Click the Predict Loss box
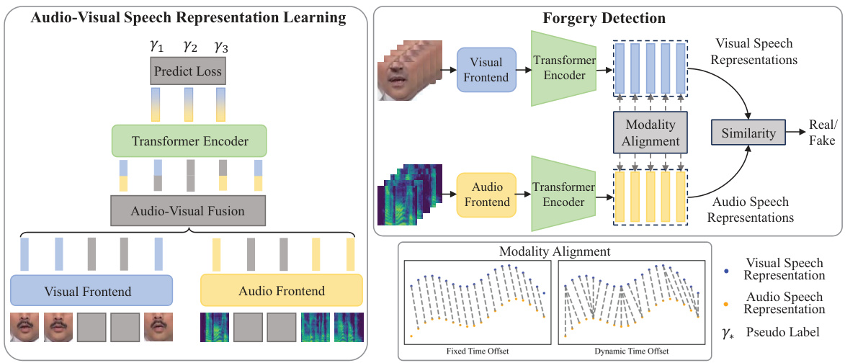[x=187, y=72]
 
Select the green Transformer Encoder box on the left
[x=189, y=141]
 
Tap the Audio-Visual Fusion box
[x=187, y=211]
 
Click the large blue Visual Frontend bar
[x=91, y=291]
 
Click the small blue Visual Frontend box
[x=487, y=70]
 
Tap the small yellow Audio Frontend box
[x=487, y=194]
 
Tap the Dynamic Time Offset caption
[x=632, y=351]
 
